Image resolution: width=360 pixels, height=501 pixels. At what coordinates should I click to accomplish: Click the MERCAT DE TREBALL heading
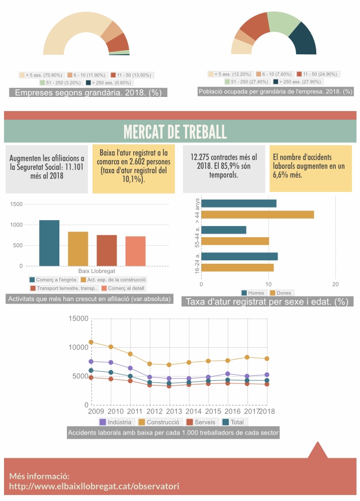tap(175, 132)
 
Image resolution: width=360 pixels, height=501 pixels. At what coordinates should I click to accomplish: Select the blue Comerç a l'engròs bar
tap(49, 243)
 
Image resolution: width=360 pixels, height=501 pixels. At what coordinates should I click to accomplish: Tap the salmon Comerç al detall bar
tap(135, 251)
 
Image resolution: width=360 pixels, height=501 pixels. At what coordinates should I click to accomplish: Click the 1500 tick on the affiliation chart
tap(17, 204)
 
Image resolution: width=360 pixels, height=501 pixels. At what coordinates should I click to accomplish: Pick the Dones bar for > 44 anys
tap(257, 215)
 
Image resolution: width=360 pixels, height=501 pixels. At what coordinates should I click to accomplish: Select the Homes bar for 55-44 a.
tap(224, 230)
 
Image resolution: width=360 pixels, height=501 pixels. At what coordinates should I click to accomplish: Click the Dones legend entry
tap(281, 293)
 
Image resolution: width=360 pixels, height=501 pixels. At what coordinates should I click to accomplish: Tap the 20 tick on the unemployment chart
tap(335, 284)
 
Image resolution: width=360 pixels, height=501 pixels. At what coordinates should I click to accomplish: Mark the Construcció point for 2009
tap(91, 342)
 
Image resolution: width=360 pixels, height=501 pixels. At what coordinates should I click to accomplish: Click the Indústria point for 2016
tap(227, 374)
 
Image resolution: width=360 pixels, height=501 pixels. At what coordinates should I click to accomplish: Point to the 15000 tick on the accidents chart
tap(78, 319)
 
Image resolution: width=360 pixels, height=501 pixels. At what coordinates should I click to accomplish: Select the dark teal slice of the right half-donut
tap(303, 40)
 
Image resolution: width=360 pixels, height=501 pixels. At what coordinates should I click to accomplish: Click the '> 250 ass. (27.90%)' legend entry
tap(299, 81)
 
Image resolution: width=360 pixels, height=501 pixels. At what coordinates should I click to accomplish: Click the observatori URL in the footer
tap(94, 486)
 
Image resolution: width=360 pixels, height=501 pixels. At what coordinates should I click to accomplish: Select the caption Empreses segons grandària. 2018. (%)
tap(88, 92)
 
